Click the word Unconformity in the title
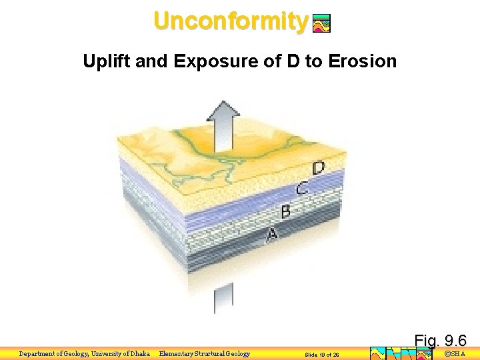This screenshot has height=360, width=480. point(230,21)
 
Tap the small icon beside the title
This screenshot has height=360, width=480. point(321,24)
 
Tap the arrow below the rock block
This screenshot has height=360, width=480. point(223,297)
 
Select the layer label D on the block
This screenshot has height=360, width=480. point(319,168)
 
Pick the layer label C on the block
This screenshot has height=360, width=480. point(302,189)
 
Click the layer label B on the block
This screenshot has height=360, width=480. point(285,212)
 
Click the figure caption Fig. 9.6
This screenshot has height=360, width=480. point(440,341)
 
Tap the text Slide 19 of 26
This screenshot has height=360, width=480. point(322,355)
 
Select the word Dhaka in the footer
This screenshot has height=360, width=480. point(137,354)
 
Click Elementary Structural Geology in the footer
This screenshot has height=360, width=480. point(205,354)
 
